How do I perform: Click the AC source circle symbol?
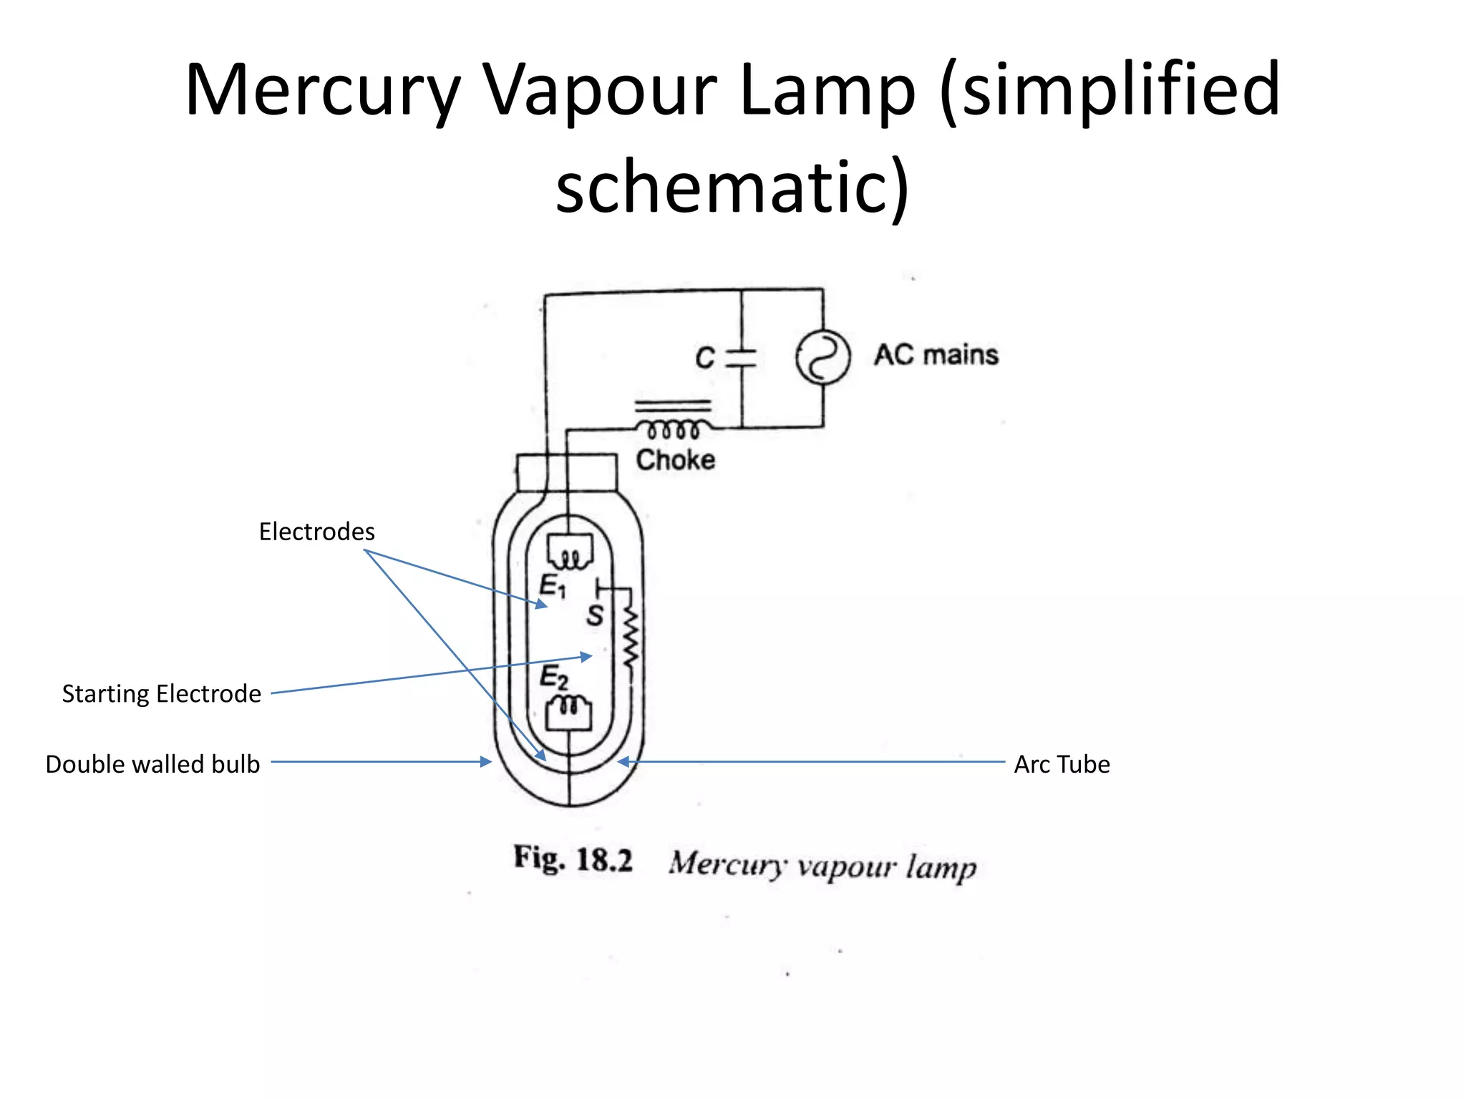click(x=822, y=357)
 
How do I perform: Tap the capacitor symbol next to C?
click(x=742, y=358)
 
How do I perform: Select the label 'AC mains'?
click(x=936, y=355)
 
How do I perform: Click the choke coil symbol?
click(x=673, y=429)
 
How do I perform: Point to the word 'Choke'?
click(x=675, y=460)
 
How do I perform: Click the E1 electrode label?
click(x=552, y=586)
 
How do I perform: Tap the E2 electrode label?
click(x=553, y=676)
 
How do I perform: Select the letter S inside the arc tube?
click(x=594, y=615)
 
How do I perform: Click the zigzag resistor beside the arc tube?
click(x=630, y=637)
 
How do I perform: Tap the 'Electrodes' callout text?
click(x=316, y=532)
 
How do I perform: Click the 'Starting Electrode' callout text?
click(x=161, y=693)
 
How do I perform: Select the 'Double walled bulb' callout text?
click(x=152, y=764)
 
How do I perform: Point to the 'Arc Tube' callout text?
click(x=1062, y=764)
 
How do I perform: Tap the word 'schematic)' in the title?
click(x=732, y=187)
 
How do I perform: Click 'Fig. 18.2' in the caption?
click(x=573, y=859)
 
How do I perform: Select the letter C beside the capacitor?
click(x=704, y=358)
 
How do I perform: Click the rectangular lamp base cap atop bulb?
click(x=566, y=472)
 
